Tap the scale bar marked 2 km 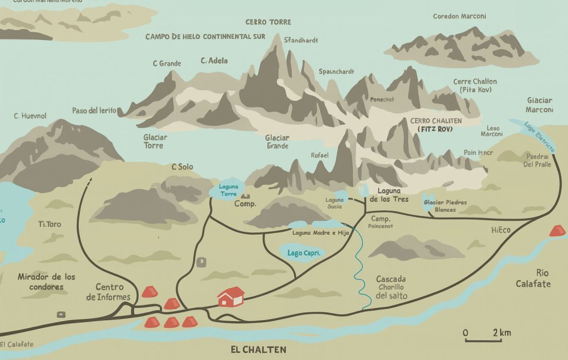coord(487,337)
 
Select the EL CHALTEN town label coord(258,350)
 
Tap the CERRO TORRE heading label coord(268,22)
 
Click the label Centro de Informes coord(109,292)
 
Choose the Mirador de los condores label coord(47,282)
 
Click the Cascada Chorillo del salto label coord(391,287)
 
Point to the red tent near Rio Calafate coord(557,230)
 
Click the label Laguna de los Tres coord(389,195)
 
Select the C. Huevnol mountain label coord(30,116)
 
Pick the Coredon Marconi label coord(460,16)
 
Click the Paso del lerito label coord(94,110)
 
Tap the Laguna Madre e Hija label coord(321,232)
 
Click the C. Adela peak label coord(214,60)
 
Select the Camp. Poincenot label coord(381,222)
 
